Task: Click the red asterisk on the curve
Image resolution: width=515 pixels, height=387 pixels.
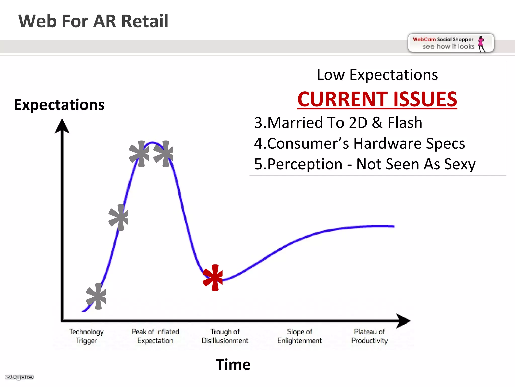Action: tap(213, 277)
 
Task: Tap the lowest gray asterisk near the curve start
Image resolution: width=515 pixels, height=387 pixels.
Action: tap(96, 296)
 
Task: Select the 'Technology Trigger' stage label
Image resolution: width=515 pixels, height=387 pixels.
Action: tap(86, 336)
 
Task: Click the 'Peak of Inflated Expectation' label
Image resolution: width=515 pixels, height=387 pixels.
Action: tap(155, 336)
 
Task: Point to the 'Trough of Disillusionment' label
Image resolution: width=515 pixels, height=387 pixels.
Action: tap(225, 336)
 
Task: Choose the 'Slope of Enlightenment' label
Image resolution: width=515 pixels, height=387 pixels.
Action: tap(299, 336)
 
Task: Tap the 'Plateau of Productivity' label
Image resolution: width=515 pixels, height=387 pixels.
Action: tap(369, 336)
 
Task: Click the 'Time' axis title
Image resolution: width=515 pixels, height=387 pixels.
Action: tap(233, 364)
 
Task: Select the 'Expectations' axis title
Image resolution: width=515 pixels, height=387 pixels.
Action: tap(59, 105)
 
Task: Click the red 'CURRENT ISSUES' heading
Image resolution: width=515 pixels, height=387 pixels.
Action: tap(377, 99)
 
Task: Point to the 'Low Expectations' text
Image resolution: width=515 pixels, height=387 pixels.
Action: tap(377, 75)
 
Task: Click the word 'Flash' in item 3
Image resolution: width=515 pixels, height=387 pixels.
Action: tap(405, 123)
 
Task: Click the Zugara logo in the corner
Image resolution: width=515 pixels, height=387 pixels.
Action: tap(19, 377)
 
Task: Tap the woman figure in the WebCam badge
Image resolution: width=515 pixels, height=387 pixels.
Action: tap(481, 44)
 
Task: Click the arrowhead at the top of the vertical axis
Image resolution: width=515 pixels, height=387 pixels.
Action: tap(62, 126)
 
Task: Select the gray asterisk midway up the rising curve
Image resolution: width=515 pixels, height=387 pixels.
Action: tap(119, 217)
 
